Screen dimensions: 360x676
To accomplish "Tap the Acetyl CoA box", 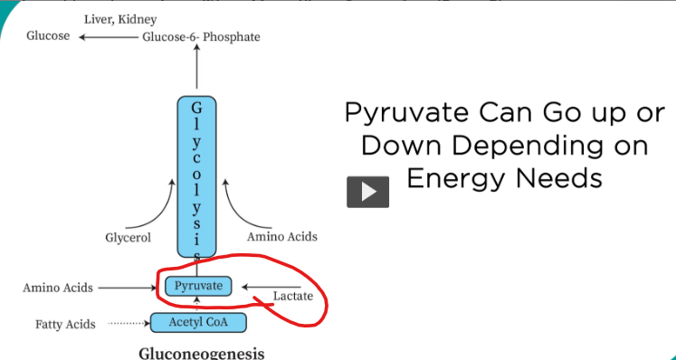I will pyautogui.click(x=195, y=322).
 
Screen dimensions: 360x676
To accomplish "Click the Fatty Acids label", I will pyautogui.click(x=65, y=323).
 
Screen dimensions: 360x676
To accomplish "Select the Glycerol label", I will pyautogui.click(x=128, y=238).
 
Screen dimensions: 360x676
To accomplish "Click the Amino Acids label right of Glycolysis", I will pyautogui.click(x=282, y=236).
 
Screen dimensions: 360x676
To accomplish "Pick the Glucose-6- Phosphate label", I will pyautogui.click(x=200, y=37).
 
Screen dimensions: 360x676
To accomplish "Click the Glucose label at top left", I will pyautogui.click(x=48, y=36).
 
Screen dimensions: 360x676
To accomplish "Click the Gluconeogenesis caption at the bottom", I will pyautogui.click(x=202, y=352).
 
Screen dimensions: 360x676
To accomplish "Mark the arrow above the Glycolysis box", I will pyautogui.click(x=196, y=70).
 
